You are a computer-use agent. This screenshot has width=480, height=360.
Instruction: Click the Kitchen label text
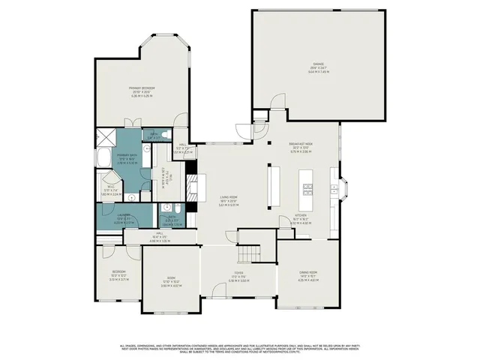pyautogui.click(x=301, y=218)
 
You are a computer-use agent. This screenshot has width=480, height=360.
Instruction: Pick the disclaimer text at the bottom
pyautogui.click(x=240, y=348)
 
